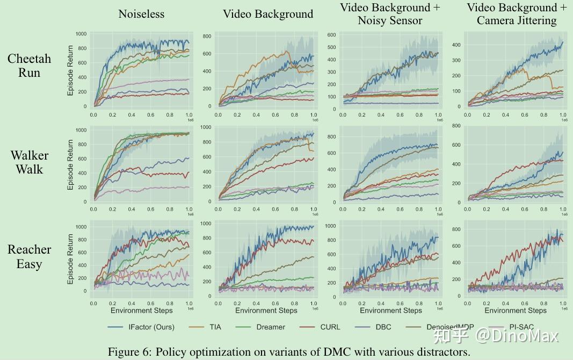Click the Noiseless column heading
pyautogui.click(x=142, y=14)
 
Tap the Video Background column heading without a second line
pyautogui.click(x=268, y=14)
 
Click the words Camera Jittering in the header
pyautogui.click(x=517, y=21)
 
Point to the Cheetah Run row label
pyautogui.click(x=29, y=66)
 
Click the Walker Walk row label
pyautogui.click(x=29, y=162)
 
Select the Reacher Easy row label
pyautogui.click(x=29, y=256)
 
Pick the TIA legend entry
pyautogui.click(x=214, y=327)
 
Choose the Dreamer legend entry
pyautogui.click(x=271, y=327)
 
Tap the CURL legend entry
pyautogui.click(x=330, y=327)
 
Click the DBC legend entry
pyautogui.click(x=383, y=327)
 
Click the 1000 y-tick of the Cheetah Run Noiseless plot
pyautogui.click(x=81, y=34)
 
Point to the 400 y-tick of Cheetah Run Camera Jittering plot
pyautogui.click(x=455, y=45)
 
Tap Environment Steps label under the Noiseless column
pyautogui.click(x=142, y=311)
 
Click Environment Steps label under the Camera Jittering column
pyautogui.click(x=516, y=311)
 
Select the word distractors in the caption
pyautogui.click(x=445, y=352)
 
